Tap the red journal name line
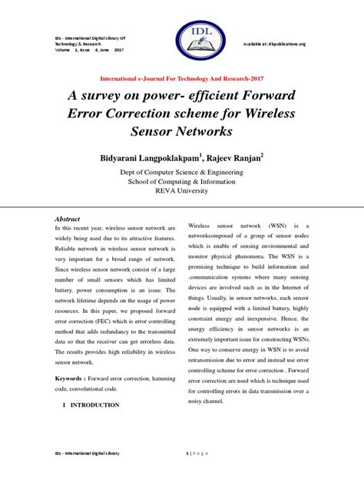point(182,79)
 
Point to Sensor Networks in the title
point(181,133)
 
